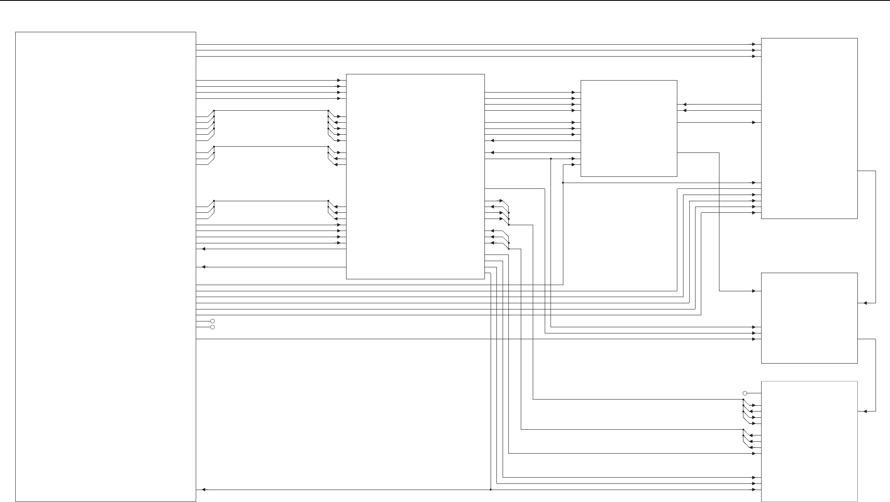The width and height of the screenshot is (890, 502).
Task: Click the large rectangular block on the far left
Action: (x=106, y=266)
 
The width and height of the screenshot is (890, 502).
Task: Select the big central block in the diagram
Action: (x=415, y=176)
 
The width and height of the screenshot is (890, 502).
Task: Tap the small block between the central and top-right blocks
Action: (x=629, y=128)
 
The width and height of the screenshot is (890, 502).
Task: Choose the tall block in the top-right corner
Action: (x=809, y=128)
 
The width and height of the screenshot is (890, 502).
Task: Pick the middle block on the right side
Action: (x=809, y=318)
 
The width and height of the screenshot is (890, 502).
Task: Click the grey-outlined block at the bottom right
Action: (x=809, y=441)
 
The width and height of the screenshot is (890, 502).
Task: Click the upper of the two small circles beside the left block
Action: (x=213, y=321)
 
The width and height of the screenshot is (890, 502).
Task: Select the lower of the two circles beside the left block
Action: (x=213, y=327)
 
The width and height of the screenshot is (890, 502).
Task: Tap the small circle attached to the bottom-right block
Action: (x=745, y=393)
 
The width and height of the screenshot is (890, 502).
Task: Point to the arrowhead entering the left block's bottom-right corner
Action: (x=204, y=490)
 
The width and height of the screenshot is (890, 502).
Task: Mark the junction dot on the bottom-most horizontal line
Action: (x=491, y=490)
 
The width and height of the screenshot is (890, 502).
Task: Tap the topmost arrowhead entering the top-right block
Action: (x=754, y=44)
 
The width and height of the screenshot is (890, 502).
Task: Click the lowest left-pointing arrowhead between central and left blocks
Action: (x=204, y=267)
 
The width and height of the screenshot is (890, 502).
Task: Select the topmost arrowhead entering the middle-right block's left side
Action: (x=754, y=291)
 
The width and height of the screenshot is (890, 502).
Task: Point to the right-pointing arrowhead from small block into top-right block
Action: (x=754, y=123)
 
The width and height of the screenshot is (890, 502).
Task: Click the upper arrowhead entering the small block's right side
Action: (x=685, y=105)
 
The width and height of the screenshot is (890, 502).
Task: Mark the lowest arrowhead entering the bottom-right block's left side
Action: (x=754, y=490)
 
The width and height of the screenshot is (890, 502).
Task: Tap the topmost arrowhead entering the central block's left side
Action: (x=339, y=81)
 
